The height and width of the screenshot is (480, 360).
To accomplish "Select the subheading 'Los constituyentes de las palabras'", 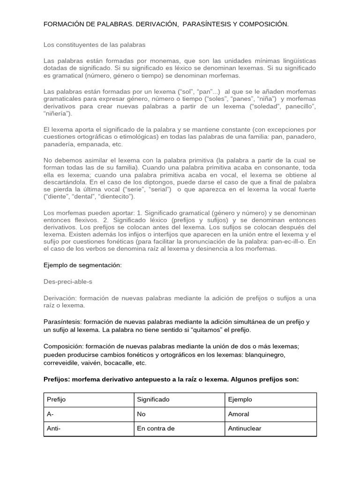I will pyautogui.click(x=94, y=45).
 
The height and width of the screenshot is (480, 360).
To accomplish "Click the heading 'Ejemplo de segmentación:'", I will pyautogui.click(x=82, y=265).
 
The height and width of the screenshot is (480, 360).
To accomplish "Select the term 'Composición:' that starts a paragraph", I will pyautogui.click(x=64, y=346).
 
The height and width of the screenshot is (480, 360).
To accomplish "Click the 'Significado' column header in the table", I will pyautogui.click(x=153, y=399).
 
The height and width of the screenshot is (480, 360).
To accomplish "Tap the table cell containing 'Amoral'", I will pyautogui.click(x=238, y=414).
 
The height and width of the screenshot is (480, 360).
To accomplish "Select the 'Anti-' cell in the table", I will pyautogui.click(x=55, y=428).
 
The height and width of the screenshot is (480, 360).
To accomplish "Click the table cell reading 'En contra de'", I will pyautogui.click(x=155, y=428).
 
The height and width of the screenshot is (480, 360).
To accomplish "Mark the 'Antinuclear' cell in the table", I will pyautogui.click(x=244, y=428).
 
